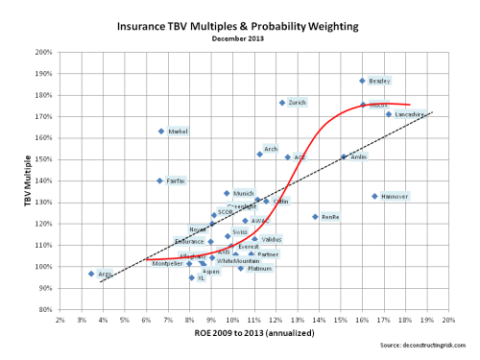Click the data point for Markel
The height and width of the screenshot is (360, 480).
pos(161,132)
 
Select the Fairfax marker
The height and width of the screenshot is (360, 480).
pos(159,180)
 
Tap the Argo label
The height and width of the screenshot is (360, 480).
pos(105,274)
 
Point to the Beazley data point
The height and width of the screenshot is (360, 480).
pos(362,81)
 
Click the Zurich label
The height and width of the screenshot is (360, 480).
pos(297,103)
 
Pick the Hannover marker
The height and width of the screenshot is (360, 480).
pos(374,196)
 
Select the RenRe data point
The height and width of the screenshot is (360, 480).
pos(315,217)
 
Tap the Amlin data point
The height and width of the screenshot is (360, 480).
pos(344,156)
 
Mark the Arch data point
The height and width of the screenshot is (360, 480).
pos(259,154)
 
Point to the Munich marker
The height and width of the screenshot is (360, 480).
pos(227,193)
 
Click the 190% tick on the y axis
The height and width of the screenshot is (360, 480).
pos(44,74)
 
